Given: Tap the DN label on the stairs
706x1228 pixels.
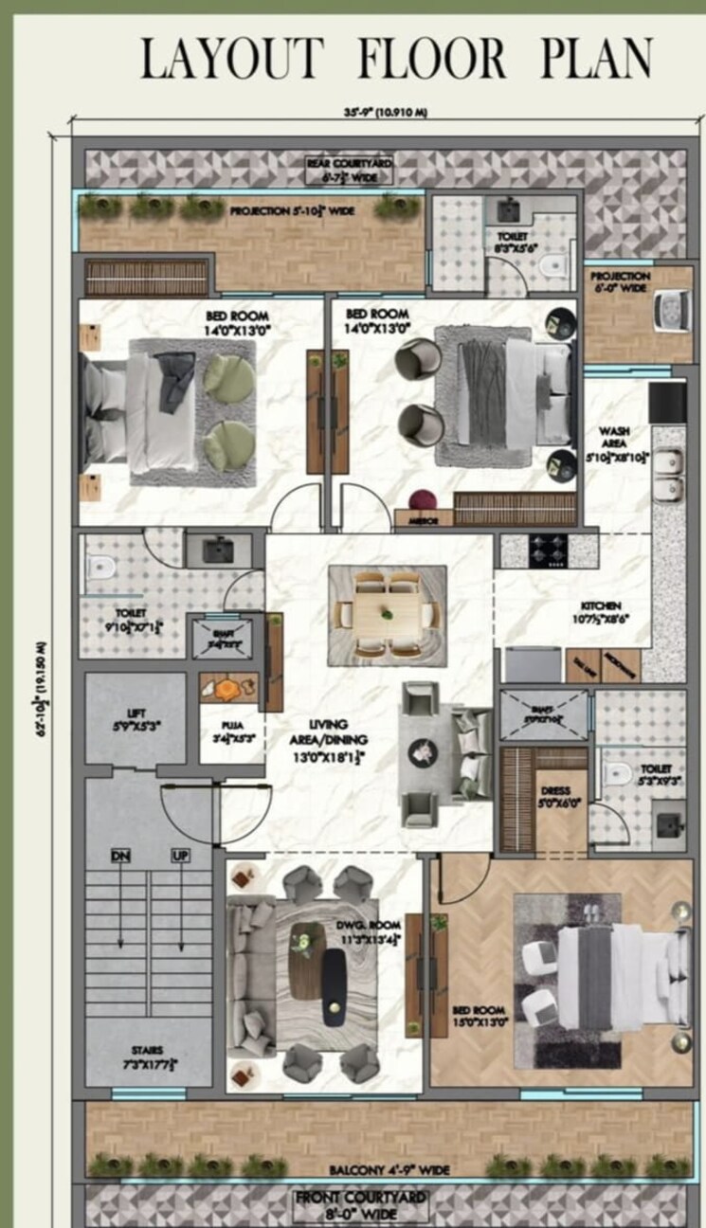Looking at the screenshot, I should pos(120,856).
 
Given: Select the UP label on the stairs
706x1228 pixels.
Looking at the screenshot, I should pos(181,856).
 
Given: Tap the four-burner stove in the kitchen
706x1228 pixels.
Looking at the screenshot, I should pos(548,551).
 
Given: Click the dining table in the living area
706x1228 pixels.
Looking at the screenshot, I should pos(388,615).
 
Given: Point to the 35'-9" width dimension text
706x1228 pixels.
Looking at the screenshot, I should pos(385,113).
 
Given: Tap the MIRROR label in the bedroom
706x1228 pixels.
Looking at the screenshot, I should pos(422,519).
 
